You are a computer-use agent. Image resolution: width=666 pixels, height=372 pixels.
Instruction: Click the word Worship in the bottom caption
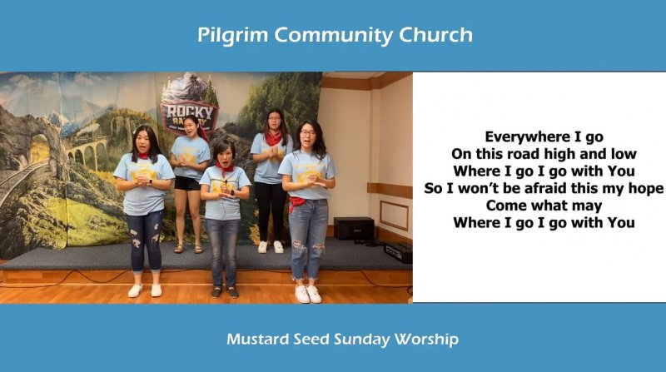pos(426,340)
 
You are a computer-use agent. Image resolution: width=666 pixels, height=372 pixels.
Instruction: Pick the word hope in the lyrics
pos(645,189)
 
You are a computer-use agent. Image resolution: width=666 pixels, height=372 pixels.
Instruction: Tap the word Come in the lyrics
pos(504,206)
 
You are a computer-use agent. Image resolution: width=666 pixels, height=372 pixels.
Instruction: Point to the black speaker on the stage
pos(354,229)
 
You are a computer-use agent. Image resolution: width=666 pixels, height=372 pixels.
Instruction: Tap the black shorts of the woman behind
pos(186,183)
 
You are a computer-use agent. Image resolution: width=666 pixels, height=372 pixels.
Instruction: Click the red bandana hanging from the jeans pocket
pos(296,203)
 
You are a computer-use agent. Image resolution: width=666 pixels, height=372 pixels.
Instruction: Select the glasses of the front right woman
pos(307,134)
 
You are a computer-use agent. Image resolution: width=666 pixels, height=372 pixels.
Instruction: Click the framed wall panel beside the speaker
pos(394,216)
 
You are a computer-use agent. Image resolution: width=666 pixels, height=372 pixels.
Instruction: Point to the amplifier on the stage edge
pos(398,252)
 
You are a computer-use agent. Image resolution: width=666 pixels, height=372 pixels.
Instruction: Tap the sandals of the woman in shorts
pos(188,249)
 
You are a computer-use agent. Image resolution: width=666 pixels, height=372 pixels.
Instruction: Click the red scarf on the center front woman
pos(224,169)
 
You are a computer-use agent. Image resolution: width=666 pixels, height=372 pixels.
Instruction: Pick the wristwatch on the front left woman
pos(151,181)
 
